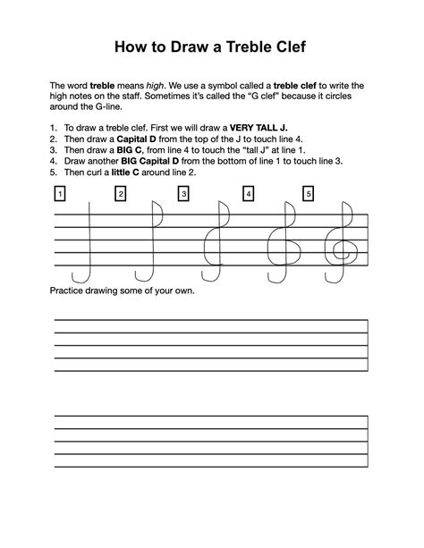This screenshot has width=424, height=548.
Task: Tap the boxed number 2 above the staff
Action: click(x=121, y=193)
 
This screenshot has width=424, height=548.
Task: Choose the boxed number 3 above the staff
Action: click(x=183, y=193)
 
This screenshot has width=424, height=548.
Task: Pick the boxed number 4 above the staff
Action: click(x=247, y=193)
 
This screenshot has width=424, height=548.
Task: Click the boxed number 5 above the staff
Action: click(x=309, y=193)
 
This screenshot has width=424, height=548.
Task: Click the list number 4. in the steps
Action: click(x=54, y=162)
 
